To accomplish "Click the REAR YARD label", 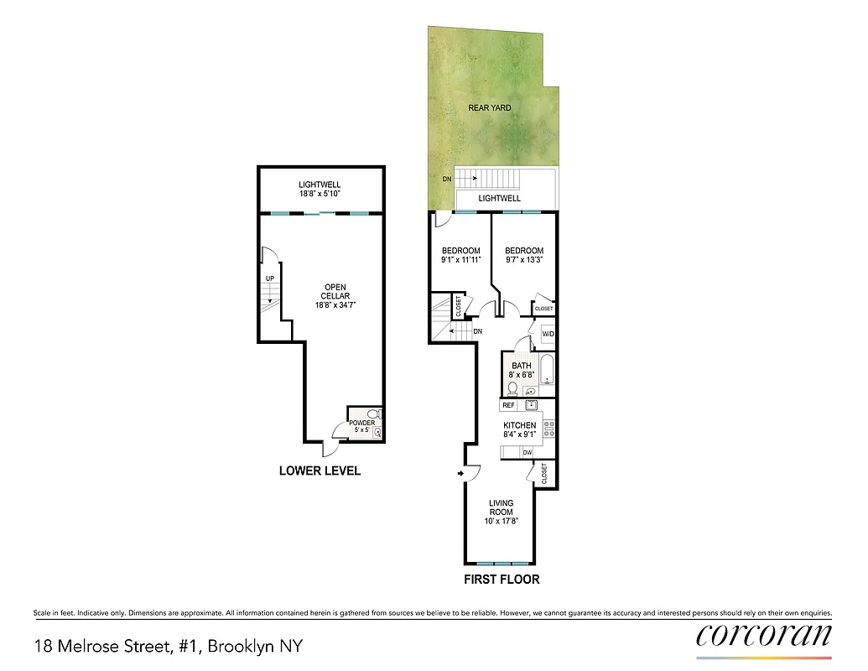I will coord(490,108).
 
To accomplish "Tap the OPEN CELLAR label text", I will coord(335,292).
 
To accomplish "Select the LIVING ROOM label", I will coord(502,507).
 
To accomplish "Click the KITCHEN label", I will coord(520,425).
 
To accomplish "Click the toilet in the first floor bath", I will coord(512,388).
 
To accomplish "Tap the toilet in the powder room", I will coord(374,414).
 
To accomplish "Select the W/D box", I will coord(548,335).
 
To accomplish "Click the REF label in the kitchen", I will coord(508,405).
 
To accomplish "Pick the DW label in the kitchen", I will coord(527,452).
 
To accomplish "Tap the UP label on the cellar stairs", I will coord(269,278).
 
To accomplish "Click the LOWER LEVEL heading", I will coord(320,471).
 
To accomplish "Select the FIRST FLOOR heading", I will coord(502,579).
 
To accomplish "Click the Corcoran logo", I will coord(764,635).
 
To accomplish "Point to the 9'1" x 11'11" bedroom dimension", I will coord(461,260).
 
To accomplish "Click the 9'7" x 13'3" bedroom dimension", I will coord(523,260).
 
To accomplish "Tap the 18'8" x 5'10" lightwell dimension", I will coord(320,194).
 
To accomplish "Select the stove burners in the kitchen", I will coord(549,429).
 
